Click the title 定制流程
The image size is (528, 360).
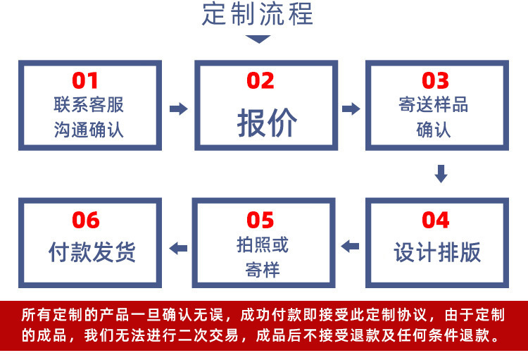pyautogui.click(x=258, y=15)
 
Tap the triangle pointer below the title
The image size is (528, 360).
pyautogui.click(x=258, y=39)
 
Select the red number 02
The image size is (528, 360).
pyautogui.click(x=260, y=80)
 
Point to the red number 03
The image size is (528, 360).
pyautogui.click(x=435, y=80)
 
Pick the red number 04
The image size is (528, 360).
pyautogui.click(x=435, y=220)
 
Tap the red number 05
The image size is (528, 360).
pyautogui.click(x=260, y=220)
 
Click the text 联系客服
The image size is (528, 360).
pyautogui.click(x=89, y=105)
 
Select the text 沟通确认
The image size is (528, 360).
pyautogui.click(x=89, y=130)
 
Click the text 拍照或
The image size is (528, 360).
pyautogui.click(x=263, y=244)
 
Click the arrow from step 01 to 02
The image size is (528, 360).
pyautogui.click(x=179, y=108)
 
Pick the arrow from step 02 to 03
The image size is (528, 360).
pyautogui.click(x=351, y=108)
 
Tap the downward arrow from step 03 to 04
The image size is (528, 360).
pyautogui.click(x=441, y=173)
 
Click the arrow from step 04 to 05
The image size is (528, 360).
pyautogui.click(x=350, y=247)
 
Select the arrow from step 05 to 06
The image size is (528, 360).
pyautogui.click(x=178, y=247)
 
